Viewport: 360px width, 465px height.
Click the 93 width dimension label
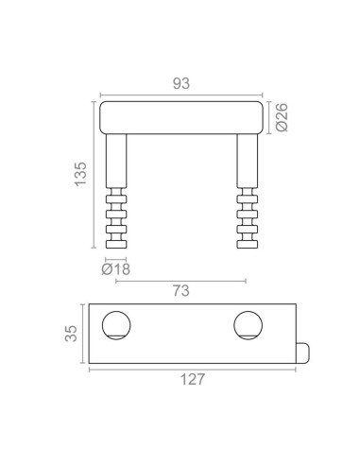(181, 83)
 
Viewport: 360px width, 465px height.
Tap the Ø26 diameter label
(282, 117)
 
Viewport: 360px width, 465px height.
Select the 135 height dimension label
(80, 174)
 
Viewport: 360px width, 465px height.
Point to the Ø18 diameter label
(115, 269)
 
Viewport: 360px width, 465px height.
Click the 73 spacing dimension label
(181, 290)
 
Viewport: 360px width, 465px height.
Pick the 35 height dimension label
(71, 334)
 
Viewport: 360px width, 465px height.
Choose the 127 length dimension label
(193, 379)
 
